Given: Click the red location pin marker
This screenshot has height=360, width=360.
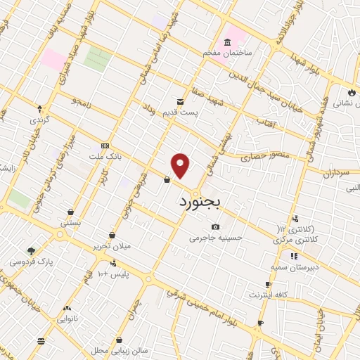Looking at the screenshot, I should (x=181, y=165).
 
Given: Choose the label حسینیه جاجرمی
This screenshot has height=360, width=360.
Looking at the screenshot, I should (x=215, y=238).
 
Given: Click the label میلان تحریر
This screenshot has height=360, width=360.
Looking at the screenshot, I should (x=113, y=247).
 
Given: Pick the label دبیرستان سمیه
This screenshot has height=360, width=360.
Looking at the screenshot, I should (x=295, y=268).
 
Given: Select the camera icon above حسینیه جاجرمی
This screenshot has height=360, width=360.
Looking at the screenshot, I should (x=215, y=226).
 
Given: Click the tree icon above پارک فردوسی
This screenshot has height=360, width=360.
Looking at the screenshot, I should (x=30, y=250).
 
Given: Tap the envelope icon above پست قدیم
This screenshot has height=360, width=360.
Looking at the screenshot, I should (x=181, y=101).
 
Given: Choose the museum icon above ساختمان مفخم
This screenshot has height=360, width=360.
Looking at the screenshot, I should (x=229, y=41).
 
